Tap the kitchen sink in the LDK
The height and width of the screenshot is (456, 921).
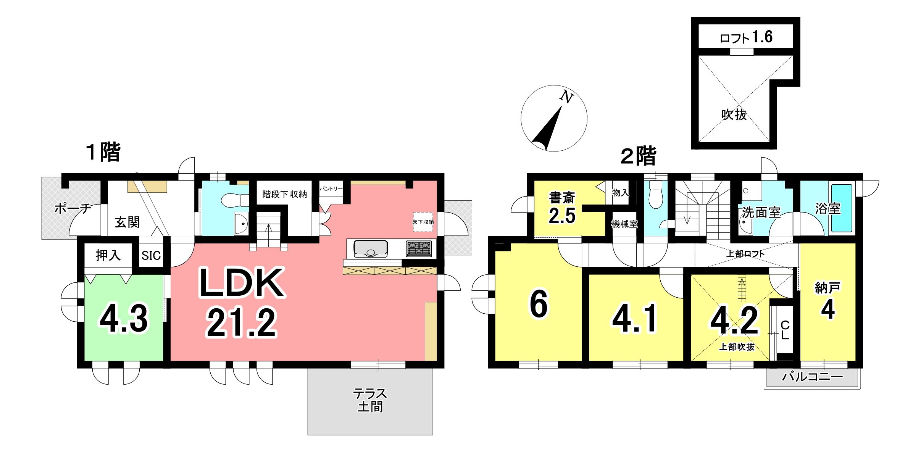370,248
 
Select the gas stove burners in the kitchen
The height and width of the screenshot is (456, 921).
419,249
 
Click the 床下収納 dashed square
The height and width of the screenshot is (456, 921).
423,222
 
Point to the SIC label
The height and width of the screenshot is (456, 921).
151,256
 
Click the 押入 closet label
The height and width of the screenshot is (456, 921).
108,255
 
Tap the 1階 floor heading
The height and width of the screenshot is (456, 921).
103,152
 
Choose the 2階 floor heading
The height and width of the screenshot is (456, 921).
638,156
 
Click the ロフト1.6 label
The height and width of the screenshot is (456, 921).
746,37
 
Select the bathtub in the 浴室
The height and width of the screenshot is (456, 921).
842,208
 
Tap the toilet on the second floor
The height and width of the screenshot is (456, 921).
655,195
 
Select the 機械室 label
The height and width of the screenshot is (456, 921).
624,224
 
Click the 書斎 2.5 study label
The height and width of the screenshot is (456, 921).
562,208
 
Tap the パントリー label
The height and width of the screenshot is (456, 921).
331,189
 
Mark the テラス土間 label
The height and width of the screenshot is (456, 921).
370,400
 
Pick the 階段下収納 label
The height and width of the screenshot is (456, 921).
285,194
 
